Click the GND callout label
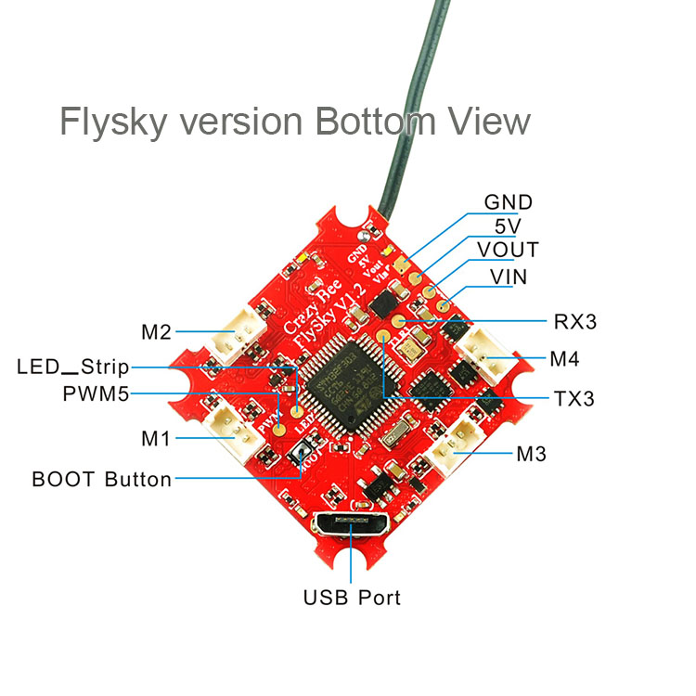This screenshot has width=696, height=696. tap(509, 203)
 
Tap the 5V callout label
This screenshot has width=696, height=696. tap(508, 226)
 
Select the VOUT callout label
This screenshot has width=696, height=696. tap(508, 251)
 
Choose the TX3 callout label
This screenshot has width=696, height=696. tap(574, 399)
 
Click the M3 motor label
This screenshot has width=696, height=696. tap(531, 455)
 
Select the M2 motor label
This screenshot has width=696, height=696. tap(158, 331)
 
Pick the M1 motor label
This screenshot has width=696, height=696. tap(156, 438)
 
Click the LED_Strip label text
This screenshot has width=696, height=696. tap(73, 366)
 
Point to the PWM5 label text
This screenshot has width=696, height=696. tap(96, 393)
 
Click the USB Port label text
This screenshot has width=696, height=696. tap(353, 597)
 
